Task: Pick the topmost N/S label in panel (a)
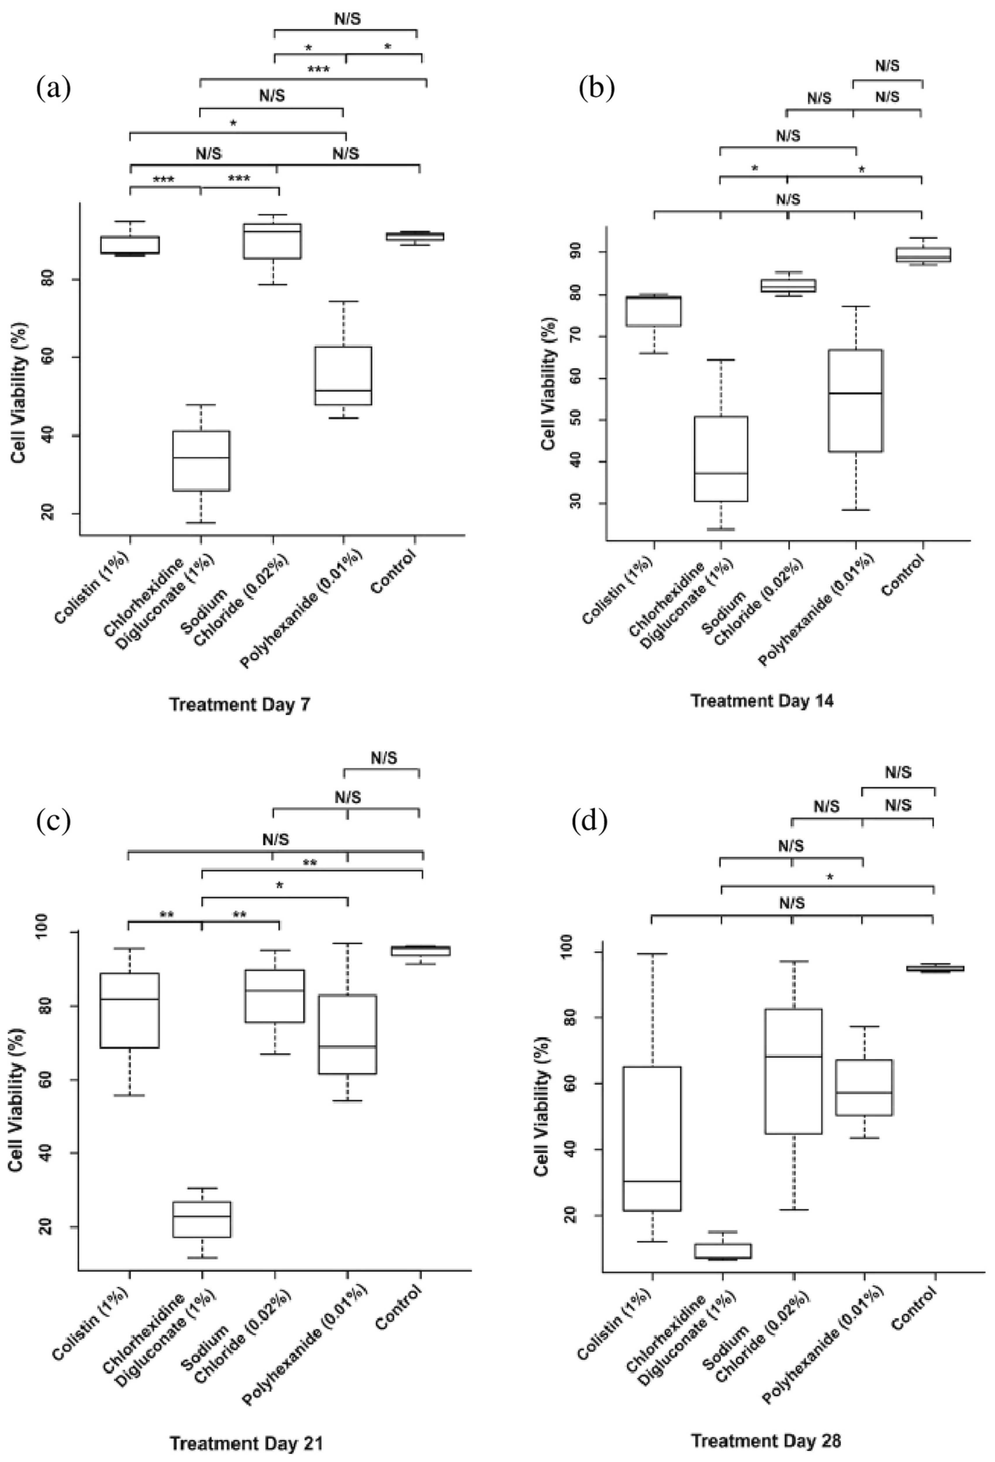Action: (347, 19)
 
